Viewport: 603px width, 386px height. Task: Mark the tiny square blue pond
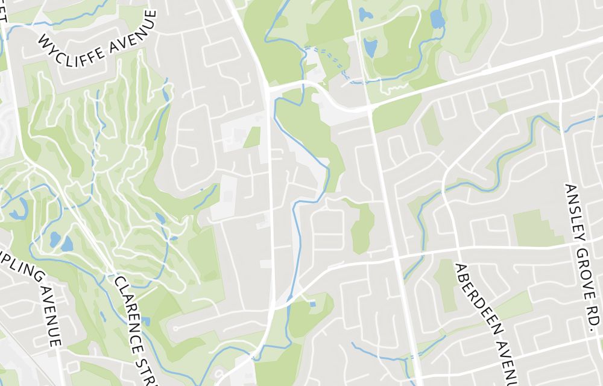(312, 303)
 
